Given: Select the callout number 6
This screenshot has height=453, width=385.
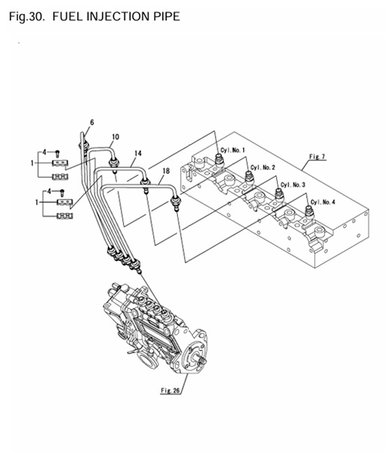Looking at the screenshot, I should click(x=92, y=121).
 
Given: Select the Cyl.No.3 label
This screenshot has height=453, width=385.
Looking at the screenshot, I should click(x=293, y=184).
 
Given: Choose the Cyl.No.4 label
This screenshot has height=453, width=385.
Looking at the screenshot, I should click(x=325, y=202).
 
